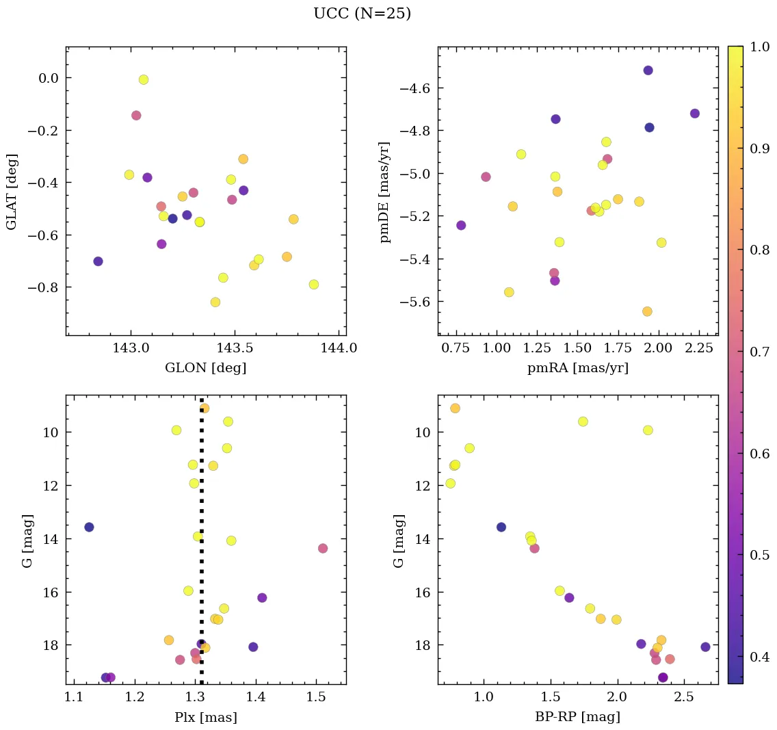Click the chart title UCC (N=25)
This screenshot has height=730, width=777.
click(x=362, y=14)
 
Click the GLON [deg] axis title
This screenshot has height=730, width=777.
click(x=205, y=368)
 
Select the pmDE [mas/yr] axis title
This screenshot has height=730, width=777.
click(x=385, y=192)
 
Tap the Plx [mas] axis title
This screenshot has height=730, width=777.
click(x=205, y=718)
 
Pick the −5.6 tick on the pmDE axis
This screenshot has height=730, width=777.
click(x=413, y=302)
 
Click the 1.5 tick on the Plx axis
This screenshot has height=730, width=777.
click(x=316, y=697)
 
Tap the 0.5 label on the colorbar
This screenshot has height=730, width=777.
click(x=756, y=554)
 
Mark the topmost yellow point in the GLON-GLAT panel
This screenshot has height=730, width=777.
click(x=144, y=79)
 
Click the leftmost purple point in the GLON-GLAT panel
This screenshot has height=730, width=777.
click(x=98, y=261)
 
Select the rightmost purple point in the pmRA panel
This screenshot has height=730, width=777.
click(x=695, y=114)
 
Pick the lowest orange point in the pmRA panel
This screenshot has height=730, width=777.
click(x=647, y=311)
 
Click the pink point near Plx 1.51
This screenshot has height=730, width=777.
click(x=323, y=548)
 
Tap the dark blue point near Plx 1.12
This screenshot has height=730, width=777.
click(x=89, y=527)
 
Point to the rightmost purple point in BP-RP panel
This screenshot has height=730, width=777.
click(x=706, y=647)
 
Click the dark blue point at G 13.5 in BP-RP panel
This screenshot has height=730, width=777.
click(x=501, y=527)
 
